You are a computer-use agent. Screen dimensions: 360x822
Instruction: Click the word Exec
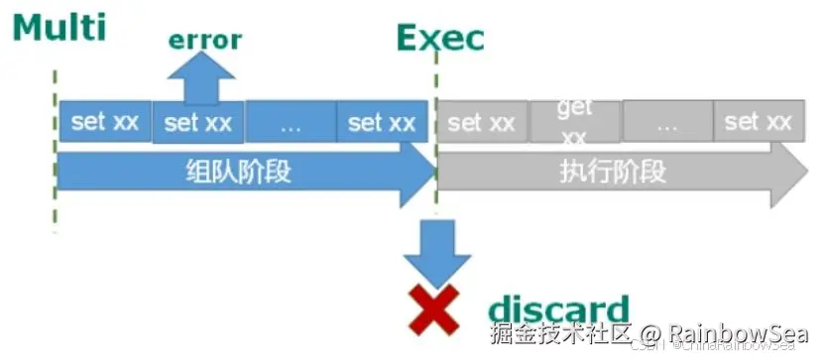(x=440, y=38)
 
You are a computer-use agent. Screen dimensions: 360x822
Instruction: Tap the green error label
(x=204, y=40)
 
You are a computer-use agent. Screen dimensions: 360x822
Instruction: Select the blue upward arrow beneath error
(x=202, y=78)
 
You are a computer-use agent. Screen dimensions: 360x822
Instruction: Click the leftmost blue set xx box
(x=105, y=122)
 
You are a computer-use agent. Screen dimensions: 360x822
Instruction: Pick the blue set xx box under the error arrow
(x=197, y=123)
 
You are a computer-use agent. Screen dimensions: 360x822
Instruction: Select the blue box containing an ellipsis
(x=291, y=123)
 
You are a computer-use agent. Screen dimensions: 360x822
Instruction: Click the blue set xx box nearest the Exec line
(x=382, y=123)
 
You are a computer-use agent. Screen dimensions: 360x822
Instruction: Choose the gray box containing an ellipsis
(x=666, y=123)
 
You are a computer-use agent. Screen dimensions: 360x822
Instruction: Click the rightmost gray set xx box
(x=758, y=122)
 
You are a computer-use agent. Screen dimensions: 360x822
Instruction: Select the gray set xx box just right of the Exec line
(x=481, y=123)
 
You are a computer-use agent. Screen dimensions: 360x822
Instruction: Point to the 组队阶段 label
(x=238, y=172)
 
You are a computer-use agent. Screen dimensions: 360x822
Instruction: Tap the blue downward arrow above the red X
(x=436, y=251)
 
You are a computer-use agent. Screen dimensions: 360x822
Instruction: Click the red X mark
(x=433, y=309)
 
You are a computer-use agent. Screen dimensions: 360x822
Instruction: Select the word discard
(x=558, y=308)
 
